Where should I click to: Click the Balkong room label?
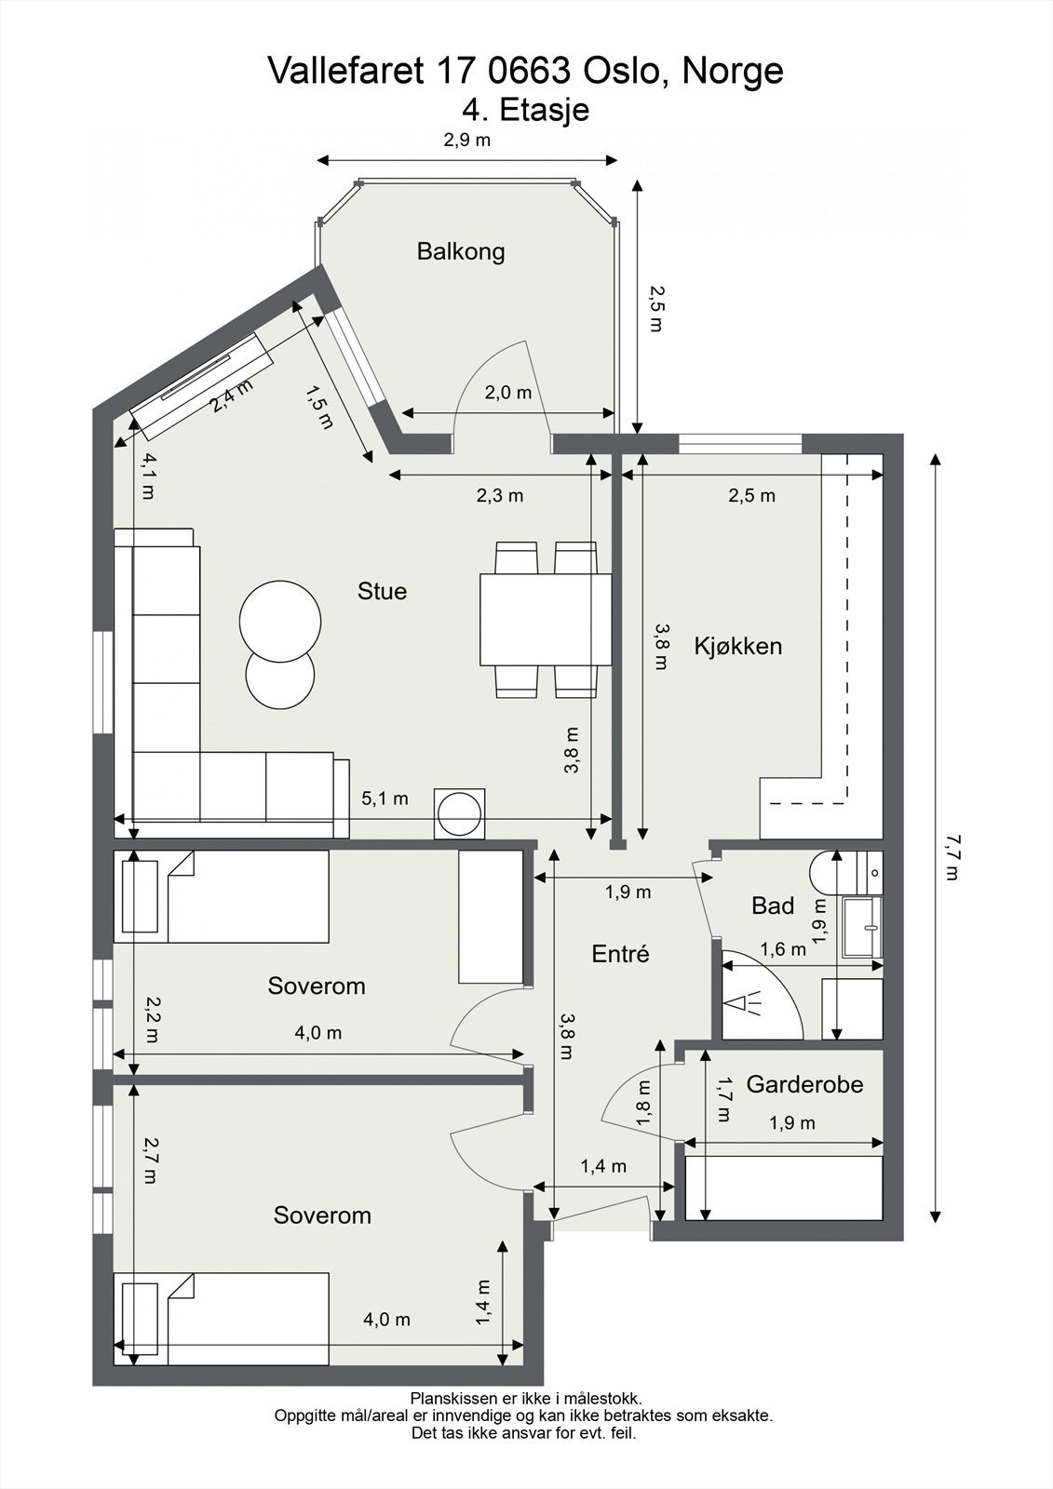click(460, 252)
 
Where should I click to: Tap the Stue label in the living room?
click(382, 591)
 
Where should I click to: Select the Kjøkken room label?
click(737, 646)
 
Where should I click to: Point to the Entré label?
click(620, 954)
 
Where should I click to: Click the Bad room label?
click(773, 905)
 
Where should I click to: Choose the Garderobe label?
click(804, 1084)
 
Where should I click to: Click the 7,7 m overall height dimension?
click(952, 857)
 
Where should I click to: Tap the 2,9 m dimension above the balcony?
click(467, 140)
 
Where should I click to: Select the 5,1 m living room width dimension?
click(385, 798)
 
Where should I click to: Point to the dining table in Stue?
click(546, 620)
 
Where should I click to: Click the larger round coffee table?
click(280, 622)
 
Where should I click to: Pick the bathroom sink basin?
click(863, 927)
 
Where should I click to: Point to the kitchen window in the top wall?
click(740, 443)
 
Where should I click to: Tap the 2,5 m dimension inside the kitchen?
click(751, 495)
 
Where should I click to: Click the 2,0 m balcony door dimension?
click(508, 393)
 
